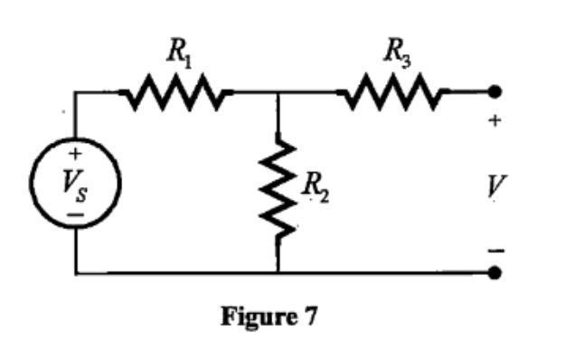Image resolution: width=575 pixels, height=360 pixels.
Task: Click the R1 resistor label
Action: point(177,53)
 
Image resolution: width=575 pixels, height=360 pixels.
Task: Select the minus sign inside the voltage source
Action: point(76,215)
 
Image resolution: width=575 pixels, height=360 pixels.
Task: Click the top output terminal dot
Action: point(495,92)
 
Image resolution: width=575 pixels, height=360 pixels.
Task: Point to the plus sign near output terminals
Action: point(495,123)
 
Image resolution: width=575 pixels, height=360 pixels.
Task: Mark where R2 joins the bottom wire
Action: point(278,272)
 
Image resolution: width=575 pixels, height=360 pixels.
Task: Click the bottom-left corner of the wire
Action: point(76,272)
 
